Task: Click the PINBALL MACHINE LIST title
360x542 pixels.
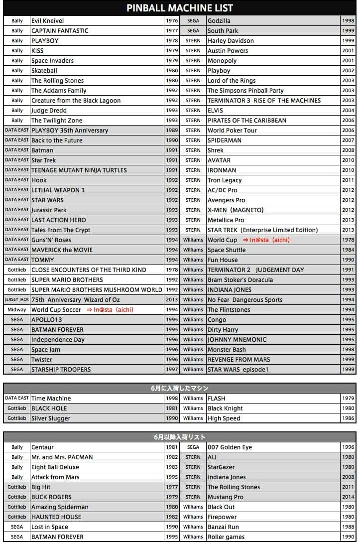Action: [180, 8]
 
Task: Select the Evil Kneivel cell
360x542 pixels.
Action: [48, 21]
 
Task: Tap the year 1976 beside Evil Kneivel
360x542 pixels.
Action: [172, 21]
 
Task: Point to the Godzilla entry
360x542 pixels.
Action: [219, 21]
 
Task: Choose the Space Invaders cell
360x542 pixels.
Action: [52, 61]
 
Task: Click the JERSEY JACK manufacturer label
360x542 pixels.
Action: [17, 299]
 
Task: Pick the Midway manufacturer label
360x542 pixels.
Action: [17, 309]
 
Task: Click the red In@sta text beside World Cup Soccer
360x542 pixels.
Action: [110, 310]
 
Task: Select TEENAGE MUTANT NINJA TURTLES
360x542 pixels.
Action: [79, 170]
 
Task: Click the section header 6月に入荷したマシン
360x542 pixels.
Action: [180, 388]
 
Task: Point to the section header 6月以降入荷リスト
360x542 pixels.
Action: [180, 437]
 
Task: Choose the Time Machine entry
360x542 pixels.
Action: [51, 399]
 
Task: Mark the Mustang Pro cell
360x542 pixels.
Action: [226, 497]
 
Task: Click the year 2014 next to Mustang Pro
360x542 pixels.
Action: [348, 497]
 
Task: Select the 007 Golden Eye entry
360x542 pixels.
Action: [230, 447]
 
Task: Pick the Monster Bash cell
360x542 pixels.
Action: [227, 350]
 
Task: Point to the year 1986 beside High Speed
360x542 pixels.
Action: [348, 418]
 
